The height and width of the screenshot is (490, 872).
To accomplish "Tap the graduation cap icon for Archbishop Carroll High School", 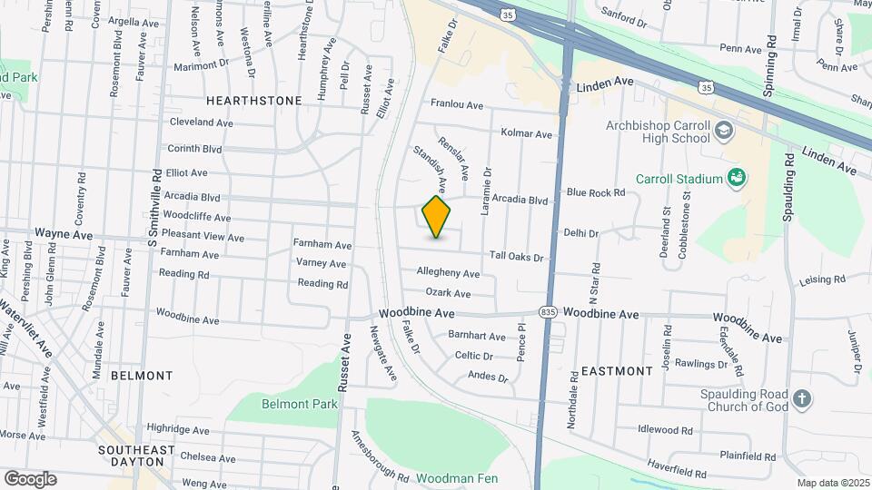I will coord(723,130).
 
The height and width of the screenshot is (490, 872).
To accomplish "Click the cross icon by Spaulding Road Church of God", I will coord(801,398).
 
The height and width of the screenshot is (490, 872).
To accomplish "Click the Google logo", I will coord(30,478).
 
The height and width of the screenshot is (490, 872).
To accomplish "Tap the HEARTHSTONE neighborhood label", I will coord(253,101).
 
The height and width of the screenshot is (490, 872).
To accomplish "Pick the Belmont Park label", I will coord(300,404).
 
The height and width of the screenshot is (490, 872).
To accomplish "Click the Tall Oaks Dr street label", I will coord(516,258).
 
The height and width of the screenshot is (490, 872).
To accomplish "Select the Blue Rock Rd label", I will coord(596,192).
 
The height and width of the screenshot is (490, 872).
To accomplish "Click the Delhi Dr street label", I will coord(580,233).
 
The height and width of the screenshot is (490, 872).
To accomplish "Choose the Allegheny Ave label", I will coord(448,273).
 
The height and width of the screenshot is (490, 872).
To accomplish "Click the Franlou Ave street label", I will coord(458,103).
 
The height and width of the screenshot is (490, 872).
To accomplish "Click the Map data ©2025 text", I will coord(831,483).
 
